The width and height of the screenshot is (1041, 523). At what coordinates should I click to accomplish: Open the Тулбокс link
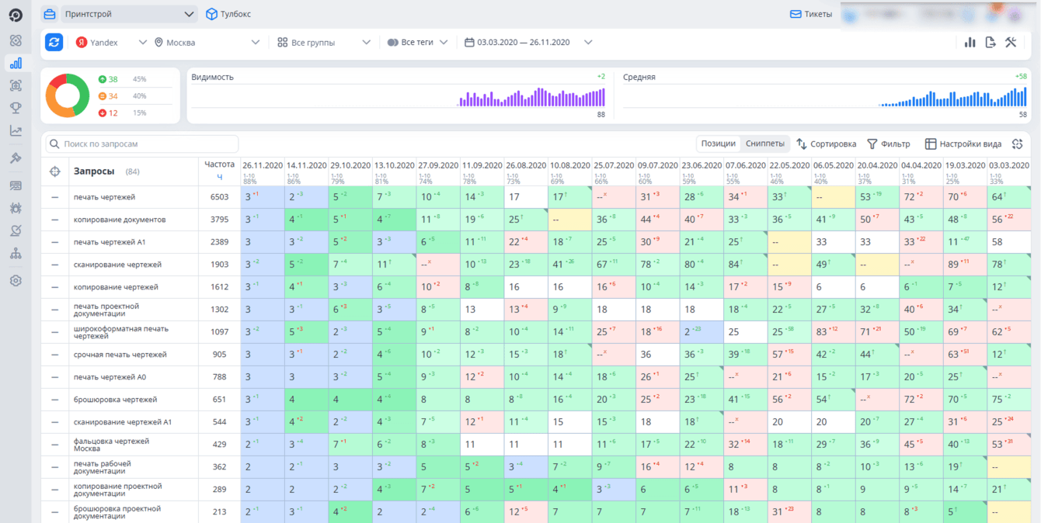(228, 14)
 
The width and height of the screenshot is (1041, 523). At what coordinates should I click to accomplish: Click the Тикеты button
(811, 14)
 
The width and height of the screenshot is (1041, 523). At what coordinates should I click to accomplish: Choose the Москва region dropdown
(207, 43)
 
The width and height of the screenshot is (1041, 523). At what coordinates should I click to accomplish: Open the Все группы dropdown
(324, 43)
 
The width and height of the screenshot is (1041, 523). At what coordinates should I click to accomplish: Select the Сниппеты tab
(764, 144)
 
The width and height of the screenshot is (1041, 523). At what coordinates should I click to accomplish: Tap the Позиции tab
(718, 144)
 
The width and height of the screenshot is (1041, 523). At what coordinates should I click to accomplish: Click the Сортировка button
(827, 144)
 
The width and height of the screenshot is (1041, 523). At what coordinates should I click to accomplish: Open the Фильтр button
(889, 144)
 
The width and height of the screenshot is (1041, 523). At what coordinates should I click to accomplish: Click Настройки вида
(963, 144)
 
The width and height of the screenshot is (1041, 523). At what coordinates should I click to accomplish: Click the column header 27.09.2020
(437, 165)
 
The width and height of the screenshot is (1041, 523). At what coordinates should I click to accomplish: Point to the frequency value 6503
(219, 197)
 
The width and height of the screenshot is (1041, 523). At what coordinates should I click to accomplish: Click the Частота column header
(219, 165)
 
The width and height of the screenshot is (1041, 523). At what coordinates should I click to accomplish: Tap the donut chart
(68, 95)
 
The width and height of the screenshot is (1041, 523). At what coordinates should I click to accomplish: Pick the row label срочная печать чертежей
(120, 355)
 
